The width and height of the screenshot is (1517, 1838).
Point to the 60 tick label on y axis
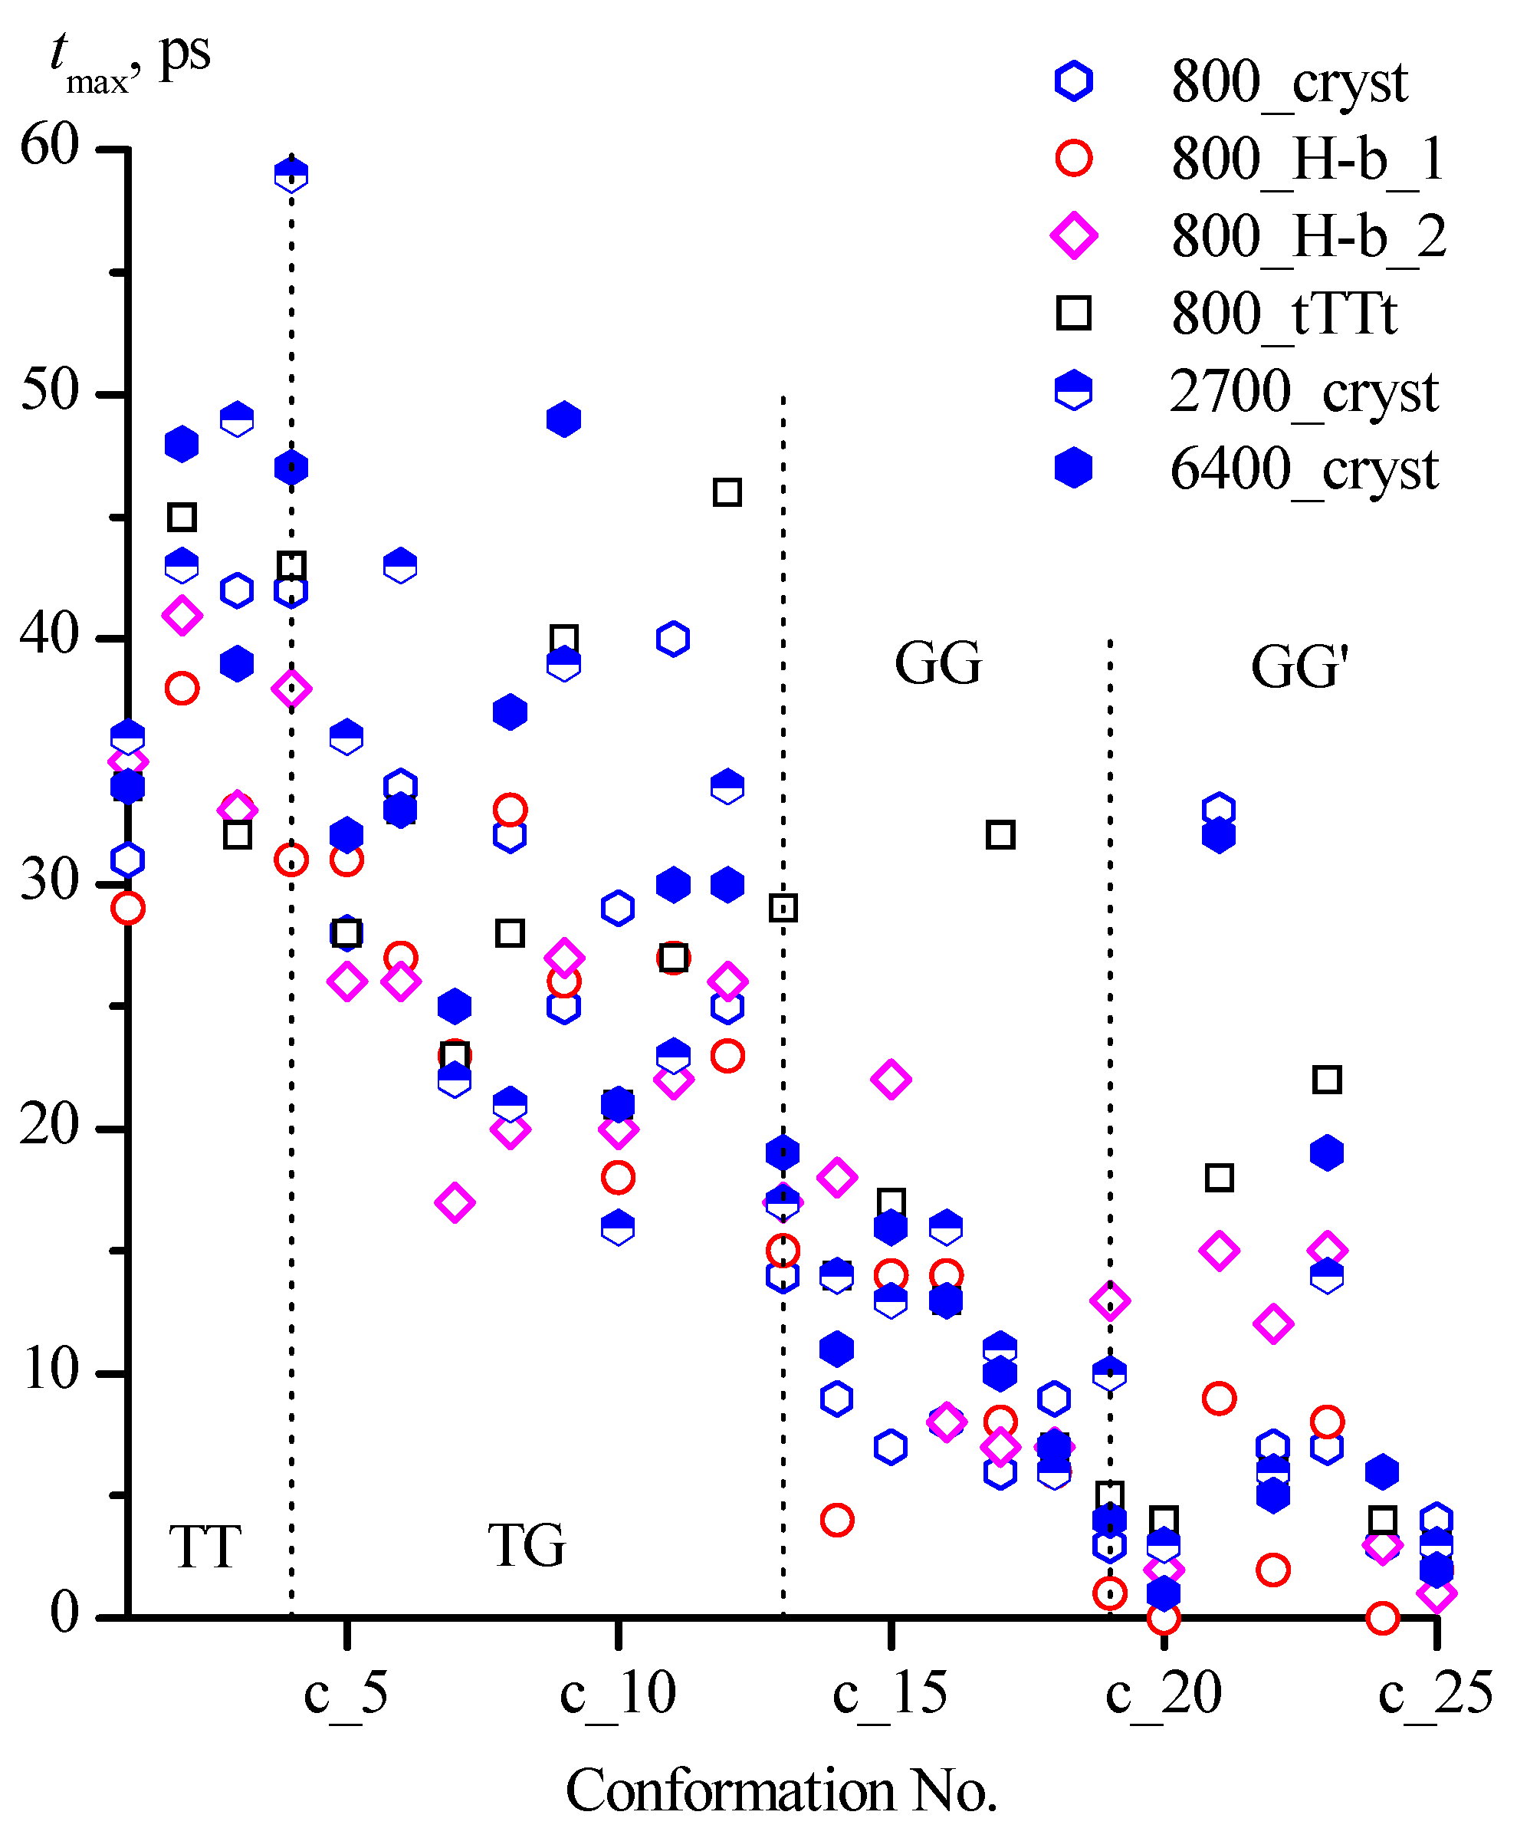[50, 144]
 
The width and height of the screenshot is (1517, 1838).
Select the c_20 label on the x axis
[1163, 1692]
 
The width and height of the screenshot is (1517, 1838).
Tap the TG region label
[527, 1544]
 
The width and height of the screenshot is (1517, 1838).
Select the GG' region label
[1299, 668]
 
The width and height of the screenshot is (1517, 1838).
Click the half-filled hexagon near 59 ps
[291, 174]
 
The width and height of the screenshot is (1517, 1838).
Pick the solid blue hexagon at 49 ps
[563, 419]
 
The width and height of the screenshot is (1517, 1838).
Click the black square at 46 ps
[727, 492]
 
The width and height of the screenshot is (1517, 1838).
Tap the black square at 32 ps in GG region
[1000, 835]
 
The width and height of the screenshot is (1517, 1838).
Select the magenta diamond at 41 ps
[182, 615]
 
